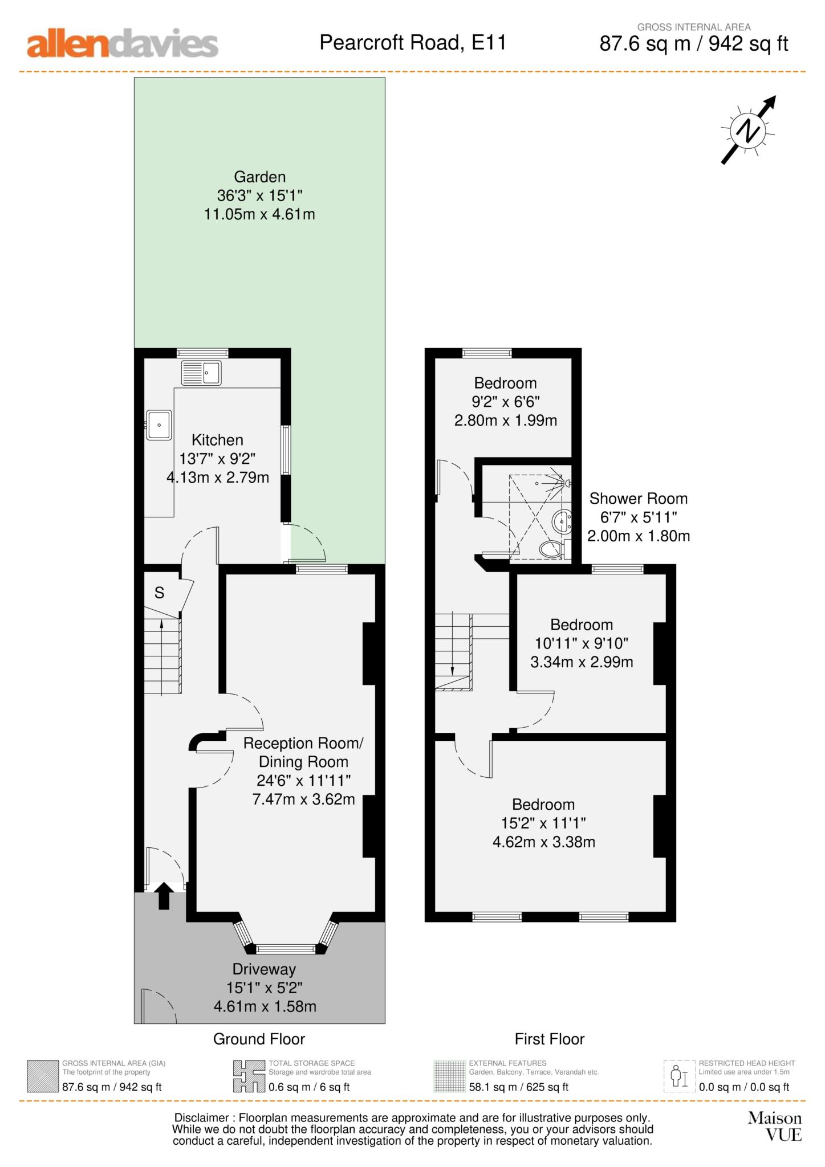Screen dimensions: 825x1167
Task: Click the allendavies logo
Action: pyautogui.click(x=123, y=44)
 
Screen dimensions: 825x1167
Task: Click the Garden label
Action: pyautogui.click(x=259, y=177)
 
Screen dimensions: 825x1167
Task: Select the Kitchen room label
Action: pyautogui.click(x=217, y=440)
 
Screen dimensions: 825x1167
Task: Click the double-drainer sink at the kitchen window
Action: pyautogui.click(x=201, y=373)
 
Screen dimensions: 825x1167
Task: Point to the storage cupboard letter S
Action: pyautogui.click(x=160, y=593)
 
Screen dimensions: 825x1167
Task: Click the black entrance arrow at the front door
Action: pyautogui.click(x=164, y=895)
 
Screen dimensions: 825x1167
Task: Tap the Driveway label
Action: pyautogui.click(x=264, y=969)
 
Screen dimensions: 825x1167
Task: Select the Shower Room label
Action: pyautogui.click(x=638, y=499)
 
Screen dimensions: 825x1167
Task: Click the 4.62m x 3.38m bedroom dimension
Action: pyautogui.click(x=544, y=842)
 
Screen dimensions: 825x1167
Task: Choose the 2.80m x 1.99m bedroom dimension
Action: pyautogui.click(x=506, y=421)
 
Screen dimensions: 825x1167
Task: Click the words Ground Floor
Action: pyautogui.click(x=259, y=1039)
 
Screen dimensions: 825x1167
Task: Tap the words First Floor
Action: pyautogui.click(x=550, y=1039)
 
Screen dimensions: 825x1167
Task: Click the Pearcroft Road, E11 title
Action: pyautogui.click(x=413, y=43)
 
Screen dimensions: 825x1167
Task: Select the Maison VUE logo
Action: pyautogui.click(x=775, y=1127)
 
